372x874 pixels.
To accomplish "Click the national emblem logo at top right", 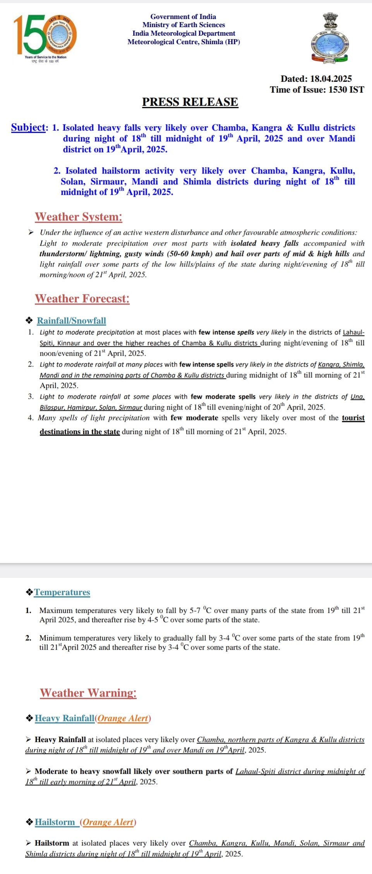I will tap(331, 38).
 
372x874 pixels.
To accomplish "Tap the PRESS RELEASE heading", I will tap(190, 102).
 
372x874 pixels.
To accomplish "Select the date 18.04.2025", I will tap(331, 79).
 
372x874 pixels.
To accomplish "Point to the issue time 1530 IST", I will tap(346, 90).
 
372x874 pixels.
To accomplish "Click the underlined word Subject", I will tap(29, 127).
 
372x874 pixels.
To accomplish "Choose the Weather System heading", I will tap(79, 217).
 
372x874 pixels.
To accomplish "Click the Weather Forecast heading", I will tap(82, 299).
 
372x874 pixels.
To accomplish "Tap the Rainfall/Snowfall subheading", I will tap(71, 321).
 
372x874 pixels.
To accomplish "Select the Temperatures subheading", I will tap(62, 592).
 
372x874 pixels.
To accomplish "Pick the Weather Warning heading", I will tap(88, 693).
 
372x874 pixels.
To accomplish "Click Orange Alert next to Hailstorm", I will tap(108, 822).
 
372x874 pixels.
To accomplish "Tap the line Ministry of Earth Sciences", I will tap(183, 25).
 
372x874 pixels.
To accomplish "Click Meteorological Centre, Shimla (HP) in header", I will tap(183, 42).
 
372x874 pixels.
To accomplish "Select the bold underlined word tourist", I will tap(353, 418).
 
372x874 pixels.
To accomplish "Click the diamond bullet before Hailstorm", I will tap(29, 822).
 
